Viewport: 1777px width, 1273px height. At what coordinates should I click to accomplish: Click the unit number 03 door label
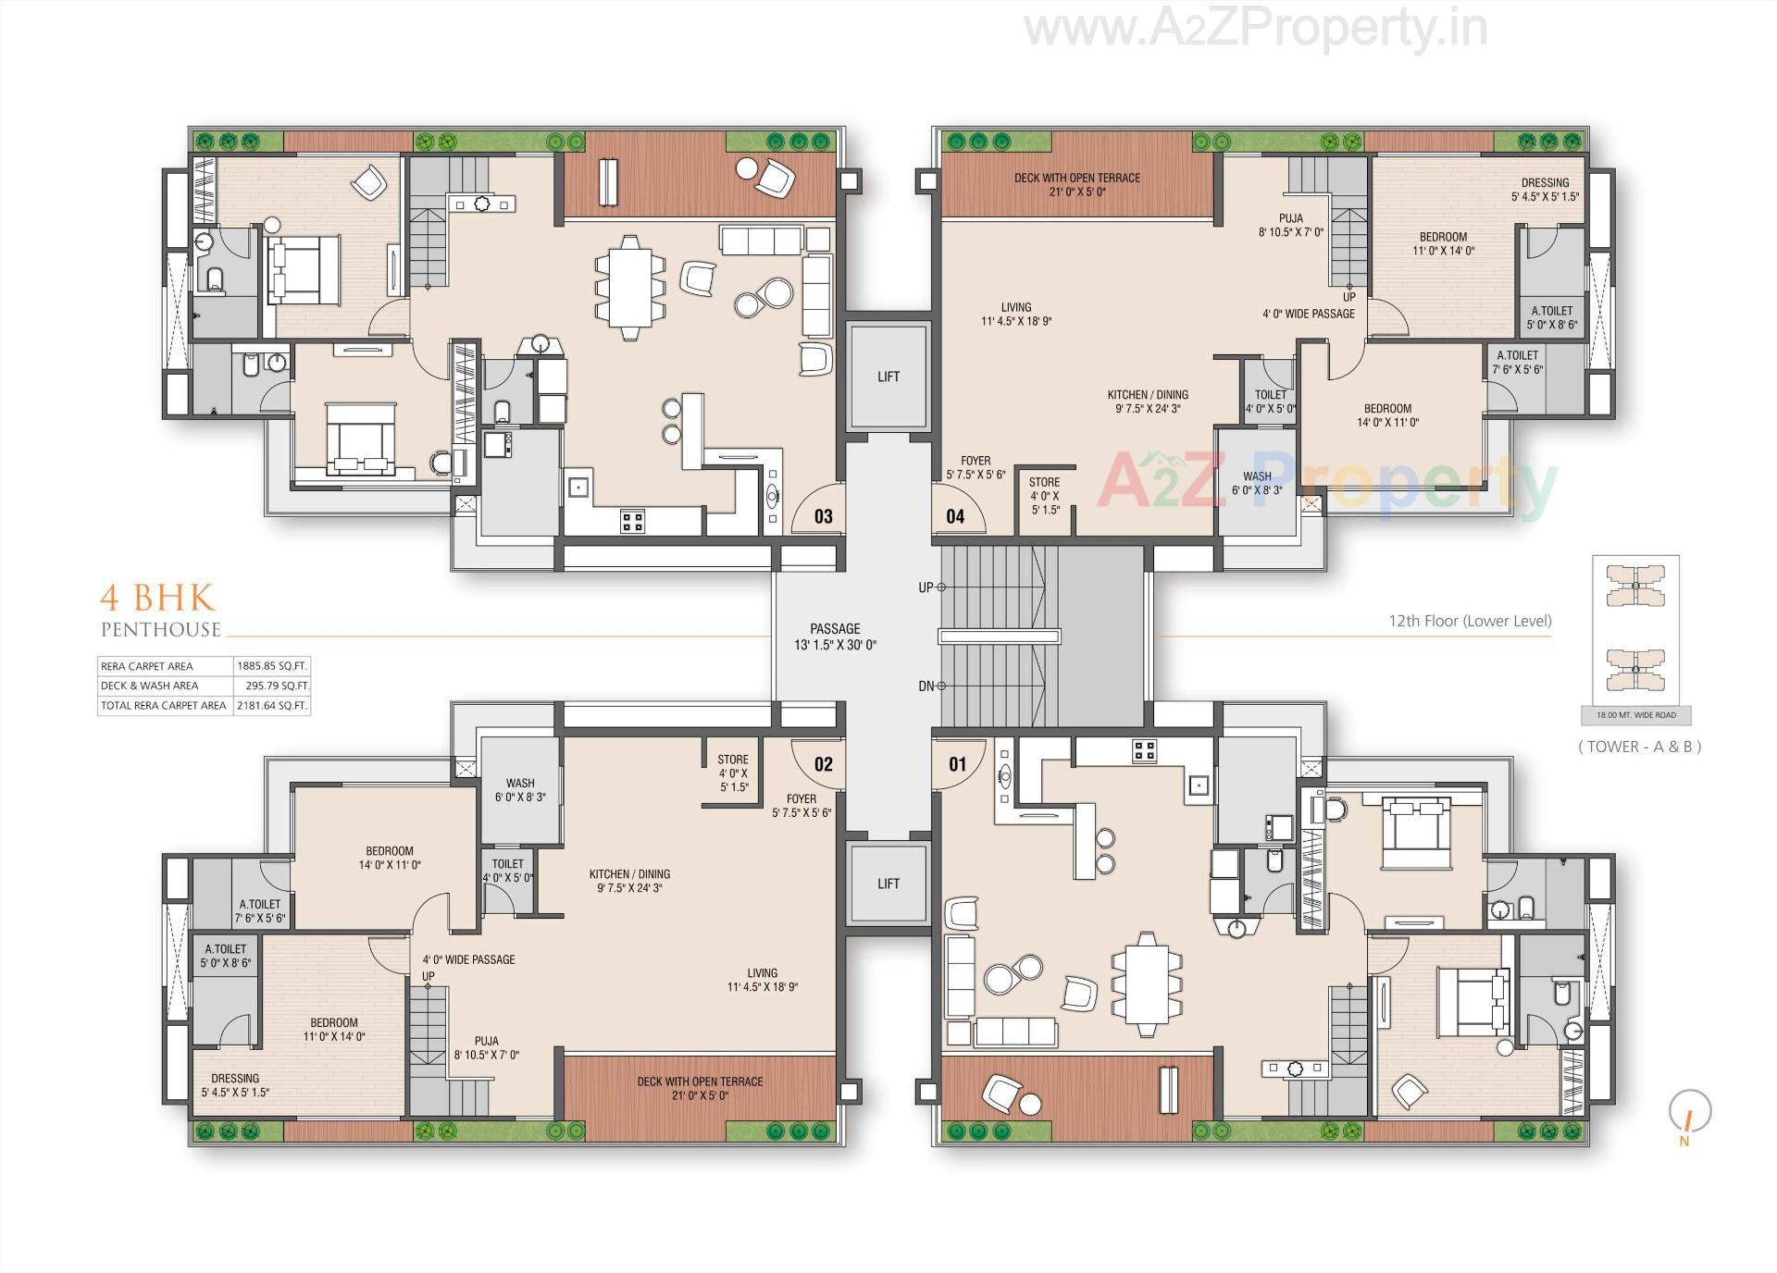click(x=823, y=516)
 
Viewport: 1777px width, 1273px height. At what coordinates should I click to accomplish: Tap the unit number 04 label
click(x=955, y=516)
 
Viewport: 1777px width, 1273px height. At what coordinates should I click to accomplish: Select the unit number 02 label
click(x=823, y=763)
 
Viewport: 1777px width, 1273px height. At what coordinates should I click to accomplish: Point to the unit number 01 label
click(x=957, y=763)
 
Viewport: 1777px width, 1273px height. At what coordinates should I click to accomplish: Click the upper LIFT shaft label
click(x=888, y=377)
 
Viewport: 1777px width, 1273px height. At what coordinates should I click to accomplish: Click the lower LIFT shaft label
click(x=888, y=884)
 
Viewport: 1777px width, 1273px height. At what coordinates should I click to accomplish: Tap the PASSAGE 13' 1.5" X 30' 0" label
click(x=835, y=636)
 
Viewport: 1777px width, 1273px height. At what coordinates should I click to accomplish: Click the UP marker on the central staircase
click(x=926, y=587)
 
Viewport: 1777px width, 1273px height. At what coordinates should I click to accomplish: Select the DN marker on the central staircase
click(x=926, y=686)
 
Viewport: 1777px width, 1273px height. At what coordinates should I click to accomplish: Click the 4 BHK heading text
click(x=157, y=598)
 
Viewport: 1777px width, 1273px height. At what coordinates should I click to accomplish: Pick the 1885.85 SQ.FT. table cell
click(x=272, y=666)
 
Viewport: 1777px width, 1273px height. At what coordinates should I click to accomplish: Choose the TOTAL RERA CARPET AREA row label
click(x=164, y=705)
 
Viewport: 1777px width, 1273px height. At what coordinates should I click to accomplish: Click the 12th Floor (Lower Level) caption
click(x=1470, y=621)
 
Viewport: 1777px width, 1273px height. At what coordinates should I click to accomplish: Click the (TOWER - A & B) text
click(x=1639, y=747)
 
